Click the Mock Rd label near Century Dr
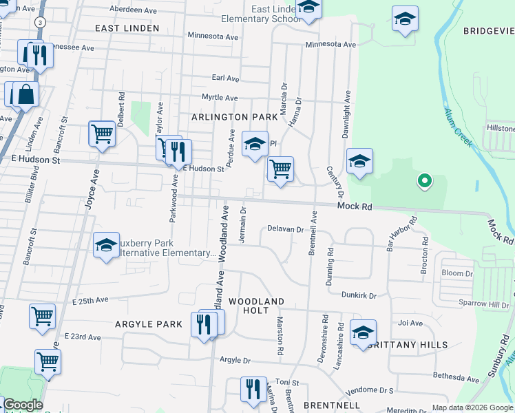(x=355, y=206)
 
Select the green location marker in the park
(x=425, y=181)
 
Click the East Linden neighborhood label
(x=127, y=28)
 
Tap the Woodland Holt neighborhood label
(x=256, y=306)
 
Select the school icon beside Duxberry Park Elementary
(x=106, y=246)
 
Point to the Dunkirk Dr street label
(x=359, y=295)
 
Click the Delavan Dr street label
(x=285, y=229)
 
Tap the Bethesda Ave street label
(x=455, y=377)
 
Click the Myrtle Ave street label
(x=220, y=98)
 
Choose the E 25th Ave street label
(x=90, y=301)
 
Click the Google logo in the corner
(x=22, y=405)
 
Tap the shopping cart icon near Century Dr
(x=280, y=169)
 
